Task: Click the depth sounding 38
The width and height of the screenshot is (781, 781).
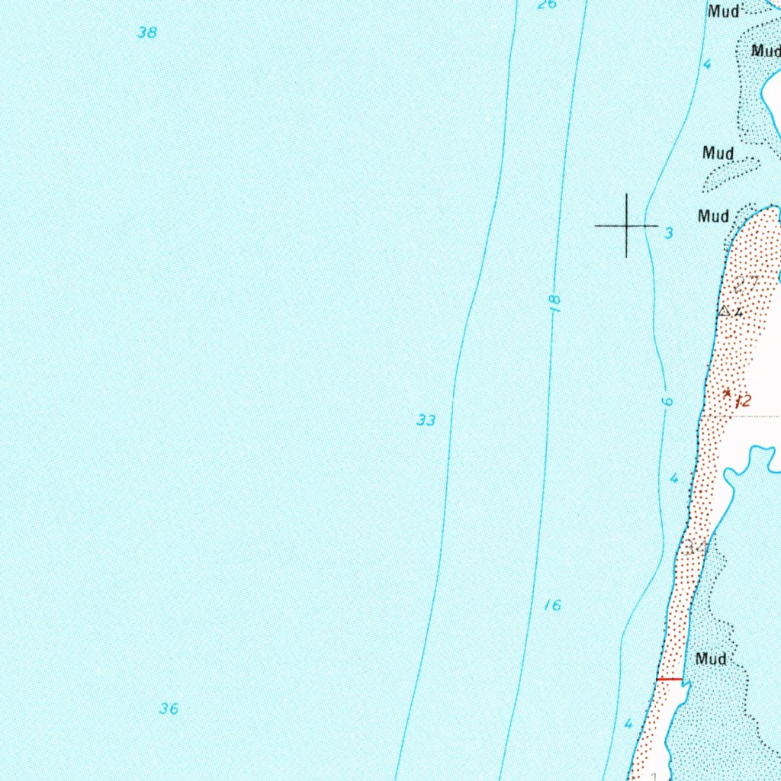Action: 147,33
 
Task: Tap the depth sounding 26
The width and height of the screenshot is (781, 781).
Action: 547,5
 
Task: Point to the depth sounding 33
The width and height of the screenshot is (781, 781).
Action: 426,420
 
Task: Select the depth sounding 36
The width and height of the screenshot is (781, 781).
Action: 169,709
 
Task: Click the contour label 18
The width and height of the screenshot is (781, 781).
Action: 555,304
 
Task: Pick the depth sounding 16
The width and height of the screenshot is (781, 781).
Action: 553,606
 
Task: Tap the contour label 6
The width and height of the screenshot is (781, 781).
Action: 667,402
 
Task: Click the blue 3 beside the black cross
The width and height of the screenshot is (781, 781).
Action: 669,233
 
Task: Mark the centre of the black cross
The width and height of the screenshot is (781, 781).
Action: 627,226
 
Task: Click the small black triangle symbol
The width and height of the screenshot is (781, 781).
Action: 724,311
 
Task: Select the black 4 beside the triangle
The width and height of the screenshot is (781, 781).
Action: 738,312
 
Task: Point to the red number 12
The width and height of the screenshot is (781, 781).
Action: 743,401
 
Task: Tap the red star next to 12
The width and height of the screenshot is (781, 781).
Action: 727,394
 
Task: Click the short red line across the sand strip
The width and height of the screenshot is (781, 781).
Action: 669,678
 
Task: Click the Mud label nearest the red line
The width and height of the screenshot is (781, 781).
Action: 711,658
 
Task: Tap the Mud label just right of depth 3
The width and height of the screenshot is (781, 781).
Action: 713,216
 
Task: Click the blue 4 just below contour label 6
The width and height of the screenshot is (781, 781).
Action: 673,478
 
